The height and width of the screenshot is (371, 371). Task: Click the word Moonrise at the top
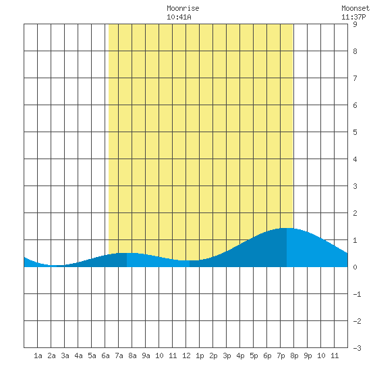tap(183, 8)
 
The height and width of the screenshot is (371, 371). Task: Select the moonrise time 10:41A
tap(179, 17)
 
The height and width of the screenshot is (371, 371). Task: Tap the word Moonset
tap(355, 8)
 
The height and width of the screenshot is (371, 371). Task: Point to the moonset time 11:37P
tap(353, 17)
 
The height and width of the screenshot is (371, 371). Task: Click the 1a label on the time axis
tap(38, 355)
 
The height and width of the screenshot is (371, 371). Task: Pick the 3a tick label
tap(65, 355)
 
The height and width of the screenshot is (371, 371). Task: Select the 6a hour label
tap(105, 355)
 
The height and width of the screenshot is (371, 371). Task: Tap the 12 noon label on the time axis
tap(186, 355)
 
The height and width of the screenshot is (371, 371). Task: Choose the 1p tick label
tap(200, 355)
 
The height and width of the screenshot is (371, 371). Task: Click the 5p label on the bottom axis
tap(254, 355)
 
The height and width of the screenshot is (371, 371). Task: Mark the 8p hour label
tap(294, 355)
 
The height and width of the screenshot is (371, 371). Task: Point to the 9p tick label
tap(308, 355)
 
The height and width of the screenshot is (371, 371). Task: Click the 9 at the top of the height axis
tap(355, 24)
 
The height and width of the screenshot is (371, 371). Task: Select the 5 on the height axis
tap(355, 132)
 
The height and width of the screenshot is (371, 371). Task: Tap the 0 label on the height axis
tap(355, 267)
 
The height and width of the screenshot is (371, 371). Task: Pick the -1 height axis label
tap(357, 294)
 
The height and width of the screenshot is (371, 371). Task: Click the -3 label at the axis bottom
tap(357, 348)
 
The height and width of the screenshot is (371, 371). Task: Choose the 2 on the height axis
tap(355, 213)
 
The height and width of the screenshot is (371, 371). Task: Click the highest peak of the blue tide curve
tap(286, 228)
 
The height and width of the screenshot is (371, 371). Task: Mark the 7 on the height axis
tap(355, 78)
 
